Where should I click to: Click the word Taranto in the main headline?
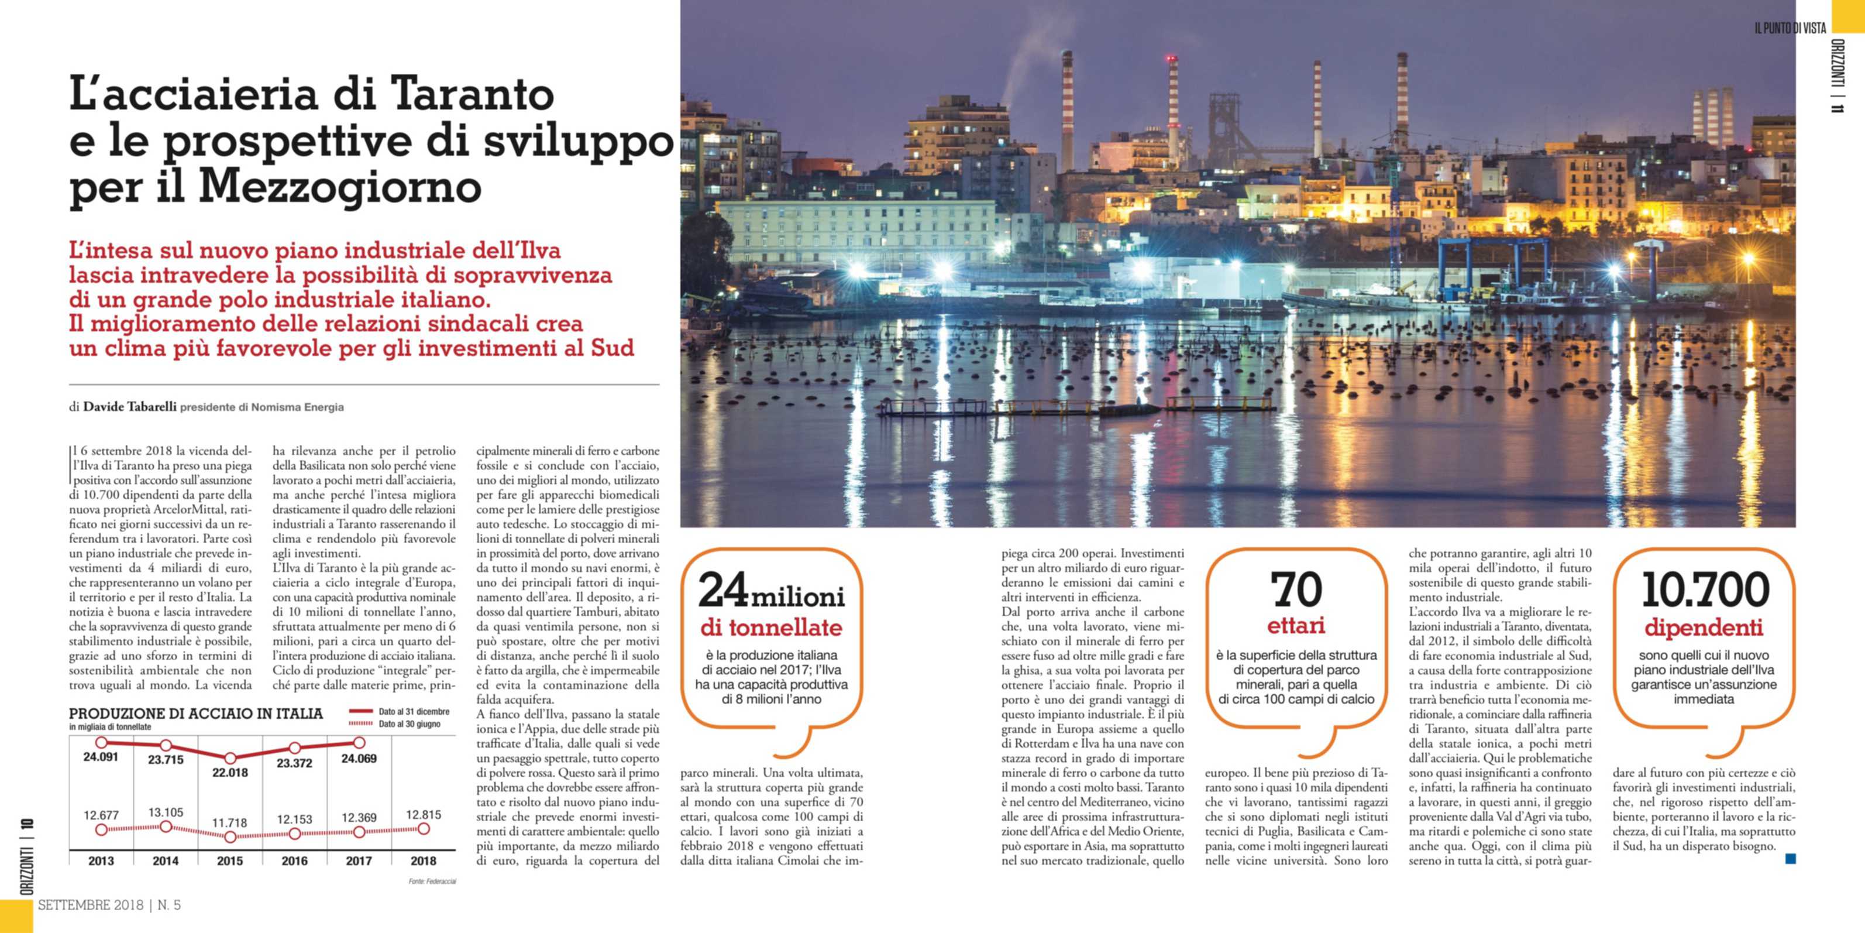coord(472,95)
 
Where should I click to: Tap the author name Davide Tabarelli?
coord(130,407)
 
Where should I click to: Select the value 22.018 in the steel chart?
coord(230,773)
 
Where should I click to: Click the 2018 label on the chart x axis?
coord(424,861)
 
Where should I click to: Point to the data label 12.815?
coord(424,815)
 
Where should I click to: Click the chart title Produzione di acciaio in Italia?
coord(195,714)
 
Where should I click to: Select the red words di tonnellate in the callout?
coord(771,627)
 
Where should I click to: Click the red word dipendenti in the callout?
coord(1704,627)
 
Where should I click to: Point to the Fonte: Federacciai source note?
coord(432,881)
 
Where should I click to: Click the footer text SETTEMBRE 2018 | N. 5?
coord(109,905)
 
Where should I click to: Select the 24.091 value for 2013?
coord(101,757)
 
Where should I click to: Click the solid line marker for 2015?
coord(230,759)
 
